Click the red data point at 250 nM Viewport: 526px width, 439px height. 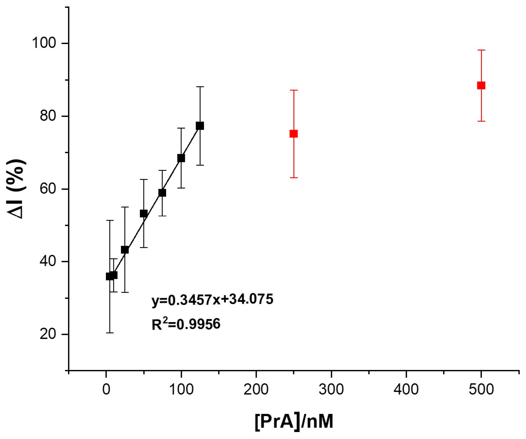coord(293,134)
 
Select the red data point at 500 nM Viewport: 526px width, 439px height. coord(481,85)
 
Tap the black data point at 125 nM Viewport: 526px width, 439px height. coord(200,126)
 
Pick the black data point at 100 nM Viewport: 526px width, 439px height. coord(181,158)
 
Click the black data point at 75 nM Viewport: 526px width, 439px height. coord(162,193)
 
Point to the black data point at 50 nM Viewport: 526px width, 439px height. coord(144,214)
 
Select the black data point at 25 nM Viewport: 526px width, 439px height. coord(125,250)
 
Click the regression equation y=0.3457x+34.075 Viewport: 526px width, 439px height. coord(212,299)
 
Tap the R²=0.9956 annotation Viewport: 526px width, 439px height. coord(186,324)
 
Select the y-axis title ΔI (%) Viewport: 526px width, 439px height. coord(16,189)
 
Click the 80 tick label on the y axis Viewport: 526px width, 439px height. coord(48,116)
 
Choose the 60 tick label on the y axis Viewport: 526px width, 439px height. coord(48,189)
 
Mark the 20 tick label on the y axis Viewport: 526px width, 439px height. coord(48,334)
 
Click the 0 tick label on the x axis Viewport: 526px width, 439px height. coord(106,389)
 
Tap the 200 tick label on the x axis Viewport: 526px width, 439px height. coord(256,389)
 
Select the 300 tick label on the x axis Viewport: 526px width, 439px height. coord(331,389)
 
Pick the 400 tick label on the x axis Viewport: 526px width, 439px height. coord(406,389)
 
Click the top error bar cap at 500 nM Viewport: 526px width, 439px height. coord(481,50)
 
